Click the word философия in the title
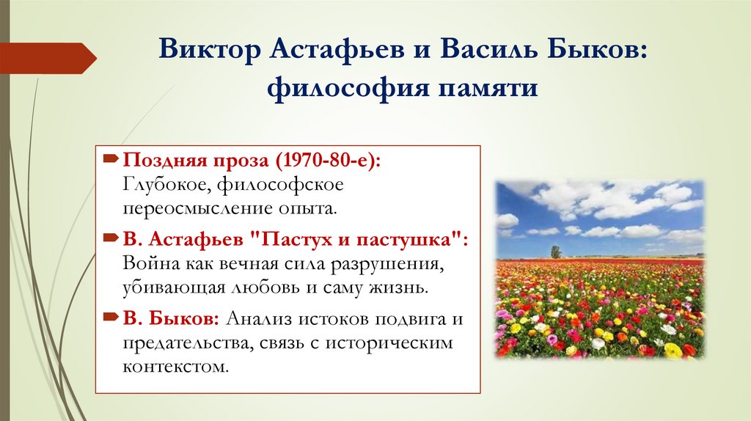click(x=331, y=89)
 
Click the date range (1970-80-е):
click(x=331, y=161)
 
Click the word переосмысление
click(x=185, y=208)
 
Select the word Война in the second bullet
click(x=149, y=263)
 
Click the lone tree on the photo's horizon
click(x=555, y=252)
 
